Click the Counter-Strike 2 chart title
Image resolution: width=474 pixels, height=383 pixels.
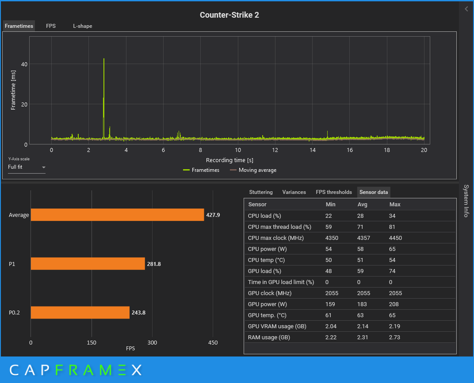pos(229,15)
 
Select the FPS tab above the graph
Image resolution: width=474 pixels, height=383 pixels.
pos(51,26)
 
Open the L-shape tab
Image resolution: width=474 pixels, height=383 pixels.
pos(83,26)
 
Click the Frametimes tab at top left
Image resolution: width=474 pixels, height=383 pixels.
pos(19,26)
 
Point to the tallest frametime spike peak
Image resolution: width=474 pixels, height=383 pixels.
pos(103,59)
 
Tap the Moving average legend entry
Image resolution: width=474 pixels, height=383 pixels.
pos(253,170)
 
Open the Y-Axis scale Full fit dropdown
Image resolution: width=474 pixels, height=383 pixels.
pos(27,167)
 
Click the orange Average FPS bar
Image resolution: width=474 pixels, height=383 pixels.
pos(117,215)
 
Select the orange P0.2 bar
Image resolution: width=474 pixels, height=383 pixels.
pos(80,313)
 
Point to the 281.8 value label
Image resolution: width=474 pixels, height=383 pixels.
pos(154,264)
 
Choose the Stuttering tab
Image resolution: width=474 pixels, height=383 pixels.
pos(261,192)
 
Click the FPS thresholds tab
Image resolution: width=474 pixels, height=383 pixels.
pos(334,192)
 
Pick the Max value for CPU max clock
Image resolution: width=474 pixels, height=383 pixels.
pos(395,238)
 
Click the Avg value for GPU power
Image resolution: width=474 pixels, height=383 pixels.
pos(362,304)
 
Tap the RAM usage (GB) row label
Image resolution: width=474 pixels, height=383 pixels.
pos(269,337)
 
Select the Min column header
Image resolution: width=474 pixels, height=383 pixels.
pos(330,205)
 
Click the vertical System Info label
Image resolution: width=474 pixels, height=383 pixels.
pos(466,201)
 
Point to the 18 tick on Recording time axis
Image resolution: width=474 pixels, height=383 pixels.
pos(387,150)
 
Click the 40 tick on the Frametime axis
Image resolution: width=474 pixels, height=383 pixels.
pos(24,64)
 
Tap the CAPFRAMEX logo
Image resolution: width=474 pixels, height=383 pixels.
pos(76,370)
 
